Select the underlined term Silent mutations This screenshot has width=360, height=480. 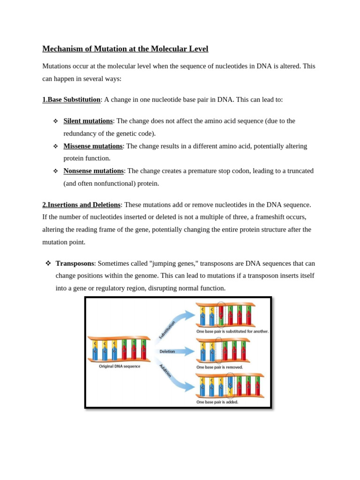tap(88, 121)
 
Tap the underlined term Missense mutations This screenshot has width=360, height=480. tap(93, 146)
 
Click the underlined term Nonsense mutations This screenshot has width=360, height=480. tap(93, 171)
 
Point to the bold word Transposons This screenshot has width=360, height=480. tap(75, 263)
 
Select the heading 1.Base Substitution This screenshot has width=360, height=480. tap(71, 100)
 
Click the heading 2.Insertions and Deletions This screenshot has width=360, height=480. tap(81, 205)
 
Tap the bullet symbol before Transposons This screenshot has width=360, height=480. tap(48, 263)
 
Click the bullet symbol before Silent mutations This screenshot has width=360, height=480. tap(55, 121)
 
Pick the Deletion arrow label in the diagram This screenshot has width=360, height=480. tap(167, 351)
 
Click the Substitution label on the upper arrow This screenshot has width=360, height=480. tap(167, 330)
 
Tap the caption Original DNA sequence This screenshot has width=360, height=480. tap(119, 367)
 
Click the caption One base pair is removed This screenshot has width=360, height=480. tap(219, 367)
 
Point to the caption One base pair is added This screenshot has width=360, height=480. tap(217, 402)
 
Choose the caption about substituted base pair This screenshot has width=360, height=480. tap(232, 331)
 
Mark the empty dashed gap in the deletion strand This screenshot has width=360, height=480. tap(218, 351)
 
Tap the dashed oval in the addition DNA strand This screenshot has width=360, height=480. tap(230, 386)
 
